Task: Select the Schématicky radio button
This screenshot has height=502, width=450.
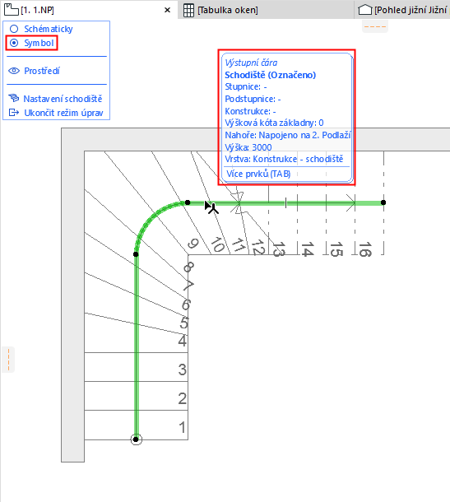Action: pyautogui.click(x=14, y=29)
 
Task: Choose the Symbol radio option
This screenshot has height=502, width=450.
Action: pyautogui.click(x=14, y=43)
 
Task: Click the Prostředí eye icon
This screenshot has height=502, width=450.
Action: pyautogui.click(x=14, y=71)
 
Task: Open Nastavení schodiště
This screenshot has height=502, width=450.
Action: pyautogui.click(x=63, y=99)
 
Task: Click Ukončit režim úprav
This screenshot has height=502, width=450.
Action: pyautogui.click(x=63, y=113)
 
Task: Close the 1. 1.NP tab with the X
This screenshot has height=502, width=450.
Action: pyautogui.click(x=167, y=10)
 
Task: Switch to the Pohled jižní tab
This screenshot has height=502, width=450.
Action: pyautogui.click(x=404, y=10)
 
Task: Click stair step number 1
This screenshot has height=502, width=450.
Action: pyautogui.click(x=182, y=427)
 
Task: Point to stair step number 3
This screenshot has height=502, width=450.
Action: pyautogui.click(x=183, y=370)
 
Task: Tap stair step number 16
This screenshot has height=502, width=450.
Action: pyautogui.click(x=365, y=249)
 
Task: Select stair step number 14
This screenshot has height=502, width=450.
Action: pyautogui.click(x=307, y=249)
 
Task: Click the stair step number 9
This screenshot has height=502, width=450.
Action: pyautogui.click(x=193, y=244)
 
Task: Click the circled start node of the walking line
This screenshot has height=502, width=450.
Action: pyautogui.click(x=136, y=439)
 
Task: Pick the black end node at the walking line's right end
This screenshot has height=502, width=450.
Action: pyautogui.click(x=383, y=202)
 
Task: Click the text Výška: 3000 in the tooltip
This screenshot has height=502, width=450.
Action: pyautogui.click(x=248, y=147)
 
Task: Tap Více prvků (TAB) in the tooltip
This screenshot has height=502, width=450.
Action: pyautogui.click(x=258, y=174)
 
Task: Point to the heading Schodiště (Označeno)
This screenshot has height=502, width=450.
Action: pyautogui.click(x=271, y=75)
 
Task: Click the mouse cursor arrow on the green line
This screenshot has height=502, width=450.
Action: pyautogui.click(x=211, y=207)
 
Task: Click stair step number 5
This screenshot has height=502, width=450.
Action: pyautogui.click(x=183, y=323)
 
